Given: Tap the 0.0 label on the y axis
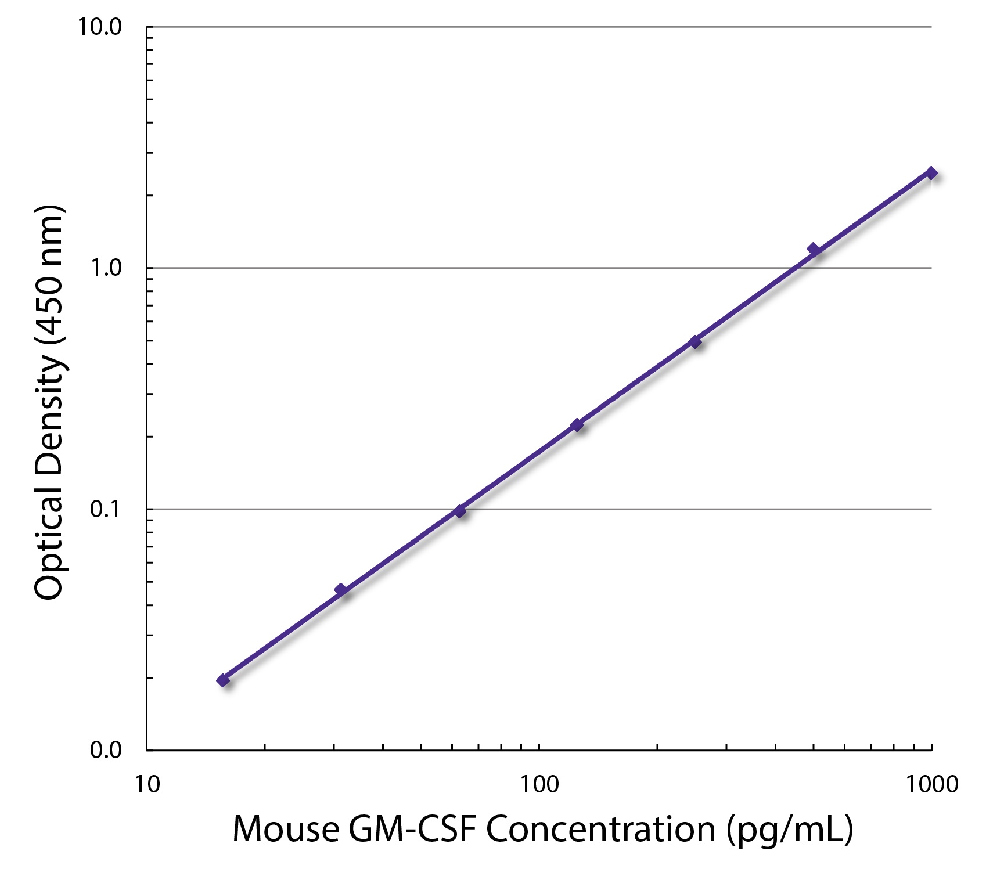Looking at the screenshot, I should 106,749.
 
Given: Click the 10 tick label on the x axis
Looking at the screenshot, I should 147,784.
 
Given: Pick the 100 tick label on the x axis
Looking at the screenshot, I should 539,784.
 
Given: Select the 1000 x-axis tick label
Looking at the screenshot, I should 932,784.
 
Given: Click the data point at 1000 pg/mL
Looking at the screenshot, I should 931,173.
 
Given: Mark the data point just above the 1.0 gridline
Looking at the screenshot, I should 814,250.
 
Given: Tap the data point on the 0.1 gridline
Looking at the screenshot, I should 460,511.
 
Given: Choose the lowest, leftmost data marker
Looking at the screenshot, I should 223,680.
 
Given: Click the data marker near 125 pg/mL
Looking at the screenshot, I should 577,426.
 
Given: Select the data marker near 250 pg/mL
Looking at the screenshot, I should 695,342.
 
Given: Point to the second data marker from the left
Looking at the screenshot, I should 341,590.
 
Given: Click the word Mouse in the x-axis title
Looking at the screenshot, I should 285,829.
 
